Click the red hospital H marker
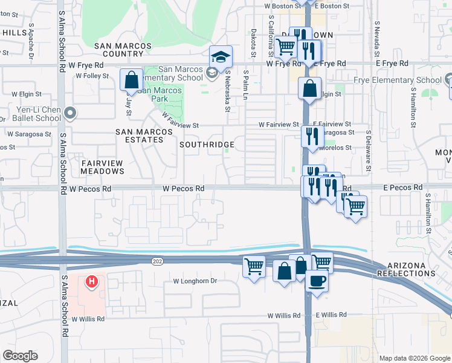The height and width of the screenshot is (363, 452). pyautogui.click(x=91, y=281)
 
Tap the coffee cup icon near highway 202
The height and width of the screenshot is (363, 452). pyautogui.click(x=317, y=281)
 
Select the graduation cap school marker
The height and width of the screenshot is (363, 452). pyautogui.click(x=221, y=57)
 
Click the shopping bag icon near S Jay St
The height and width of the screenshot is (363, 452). pyautogui.click(x=131, y=80)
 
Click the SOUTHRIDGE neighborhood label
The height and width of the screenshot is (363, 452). pyautogui.click(x=207, y=145)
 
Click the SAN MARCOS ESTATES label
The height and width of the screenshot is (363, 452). pyautogui.click(x=140, y=135)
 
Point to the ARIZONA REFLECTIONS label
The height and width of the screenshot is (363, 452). pyautogui.click(x=405, y=269)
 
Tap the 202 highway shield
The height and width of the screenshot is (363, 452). pyautogui.click(x=158, y=259)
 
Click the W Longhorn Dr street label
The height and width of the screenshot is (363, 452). pyautogui.click(x=195, y=281)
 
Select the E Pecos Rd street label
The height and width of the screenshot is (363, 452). pyautogui.click(x=402, y=188)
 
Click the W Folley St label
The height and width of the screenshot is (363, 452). pyautogui.click(x=92, y=76)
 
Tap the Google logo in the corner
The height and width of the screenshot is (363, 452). pyautogui.click(x=20, y=355)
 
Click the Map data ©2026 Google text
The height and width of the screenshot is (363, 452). pyautogui.click(x=414, y=358)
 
